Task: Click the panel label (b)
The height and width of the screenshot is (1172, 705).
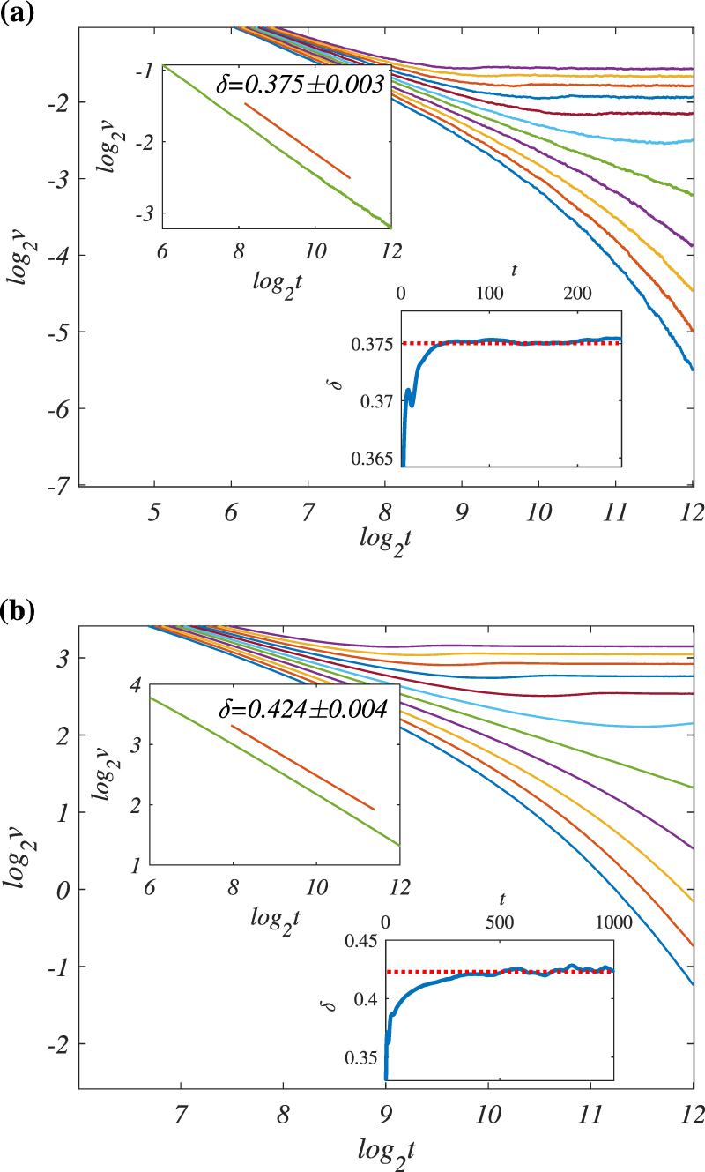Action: (x=17, y=611)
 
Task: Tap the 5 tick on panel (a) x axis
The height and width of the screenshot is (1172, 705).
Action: (x=154, y=509)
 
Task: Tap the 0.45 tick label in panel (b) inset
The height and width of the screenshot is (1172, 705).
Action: (x=361, y=942)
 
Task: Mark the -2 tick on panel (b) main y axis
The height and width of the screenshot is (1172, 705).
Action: (x=58, y=1043)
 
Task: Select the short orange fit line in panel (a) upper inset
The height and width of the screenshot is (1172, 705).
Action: (x=297, y=140)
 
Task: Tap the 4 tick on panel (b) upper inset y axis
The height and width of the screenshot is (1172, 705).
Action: (x=135, y=685)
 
